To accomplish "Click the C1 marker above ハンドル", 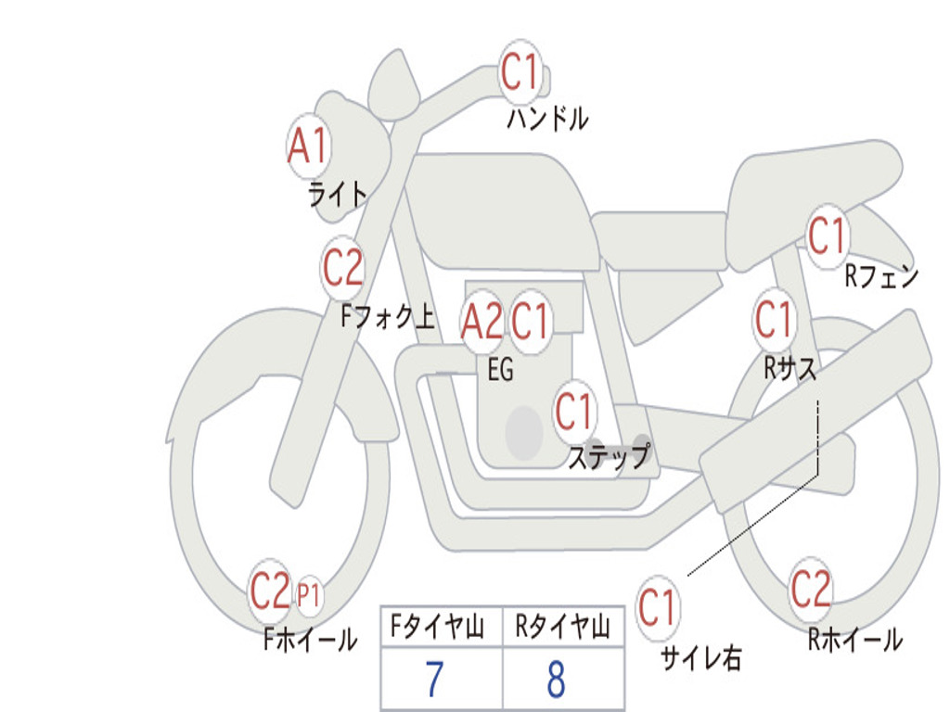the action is [x=520, y=70].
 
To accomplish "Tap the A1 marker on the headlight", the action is [x=308, y=146].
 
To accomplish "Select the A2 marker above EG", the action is [x=481, y=321].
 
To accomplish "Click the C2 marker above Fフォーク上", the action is [x=343, y=267].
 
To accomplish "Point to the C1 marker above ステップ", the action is [x=573, y=411].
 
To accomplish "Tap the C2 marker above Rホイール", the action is [x=810, y=589].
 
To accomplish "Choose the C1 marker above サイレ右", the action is [x=658, y=606].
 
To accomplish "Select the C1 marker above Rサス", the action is [x=774, y=319].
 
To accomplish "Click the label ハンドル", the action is [x=547, y=118].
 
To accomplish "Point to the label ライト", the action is [x=338, y=195].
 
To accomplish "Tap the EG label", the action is [x=500, y=369].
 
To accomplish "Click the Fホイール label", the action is [x=310, y=640].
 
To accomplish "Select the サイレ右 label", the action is [x=701, y=658].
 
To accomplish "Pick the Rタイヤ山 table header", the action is [x=563, y=627].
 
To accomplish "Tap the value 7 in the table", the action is [x=434, y=679].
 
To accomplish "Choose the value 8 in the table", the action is [x=557, y=679].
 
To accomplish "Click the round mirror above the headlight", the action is [x=394, y=84].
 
